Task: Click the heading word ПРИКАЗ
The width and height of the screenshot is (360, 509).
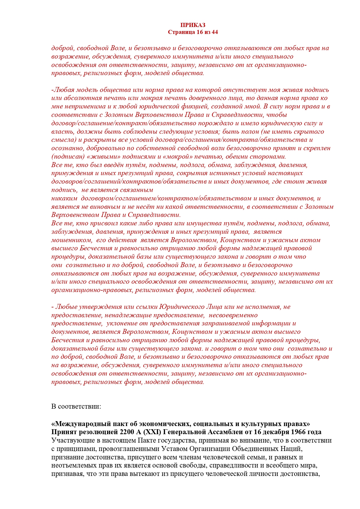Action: click(193, 25)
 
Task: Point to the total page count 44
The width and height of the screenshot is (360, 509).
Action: click(214, 32)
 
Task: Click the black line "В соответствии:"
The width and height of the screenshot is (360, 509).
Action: click(76, 406)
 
